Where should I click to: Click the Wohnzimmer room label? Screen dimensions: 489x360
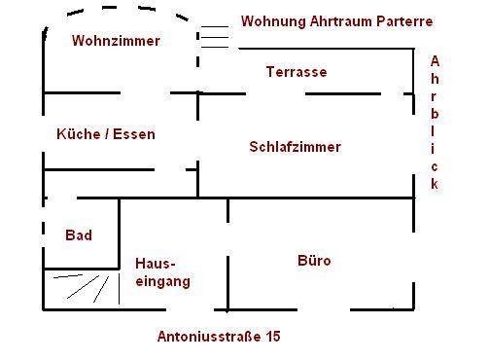tap(116, 41)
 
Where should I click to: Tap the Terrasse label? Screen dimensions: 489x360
tap(297, 72)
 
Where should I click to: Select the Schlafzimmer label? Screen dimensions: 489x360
tap(295, 147)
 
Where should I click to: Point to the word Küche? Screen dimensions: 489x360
tap(79, 134)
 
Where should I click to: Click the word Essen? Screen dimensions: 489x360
tap(134, 134)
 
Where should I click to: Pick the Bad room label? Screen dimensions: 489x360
tap(79, 235)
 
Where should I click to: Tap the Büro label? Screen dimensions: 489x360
tap(314, 261)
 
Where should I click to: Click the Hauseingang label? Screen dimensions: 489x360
tap(162, 272)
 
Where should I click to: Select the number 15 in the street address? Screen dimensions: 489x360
tap(273, 337)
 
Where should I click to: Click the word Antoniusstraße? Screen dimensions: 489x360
tap(209, 337)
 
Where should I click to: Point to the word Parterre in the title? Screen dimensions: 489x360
tap(404, 21)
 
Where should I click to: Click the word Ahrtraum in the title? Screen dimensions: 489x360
tap(340, 21)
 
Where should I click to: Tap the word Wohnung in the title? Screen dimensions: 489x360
tap(273, 22)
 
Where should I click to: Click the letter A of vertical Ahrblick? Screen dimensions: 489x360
tap(435, 61)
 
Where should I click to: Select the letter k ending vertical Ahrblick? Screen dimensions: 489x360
tap(435, 184)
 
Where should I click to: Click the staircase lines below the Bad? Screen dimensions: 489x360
tap(87, 288)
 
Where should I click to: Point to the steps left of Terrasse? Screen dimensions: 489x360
tap(215, 37)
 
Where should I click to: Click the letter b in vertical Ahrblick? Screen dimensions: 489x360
tap(435, 114)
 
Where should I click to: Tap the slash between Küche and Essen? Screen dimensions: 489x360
tap(107, 134)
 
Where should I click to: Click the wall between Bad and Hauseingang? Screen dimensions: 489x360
tap(119, 234)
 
